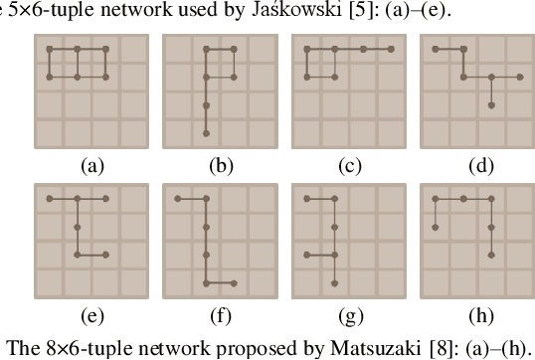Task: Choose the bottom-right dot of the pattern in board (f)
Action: [x=234, y=283]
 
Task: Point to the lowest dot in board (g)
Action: [x=335, y=283]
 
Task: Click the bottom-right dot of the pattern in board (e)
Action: [x=104, y=256]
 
